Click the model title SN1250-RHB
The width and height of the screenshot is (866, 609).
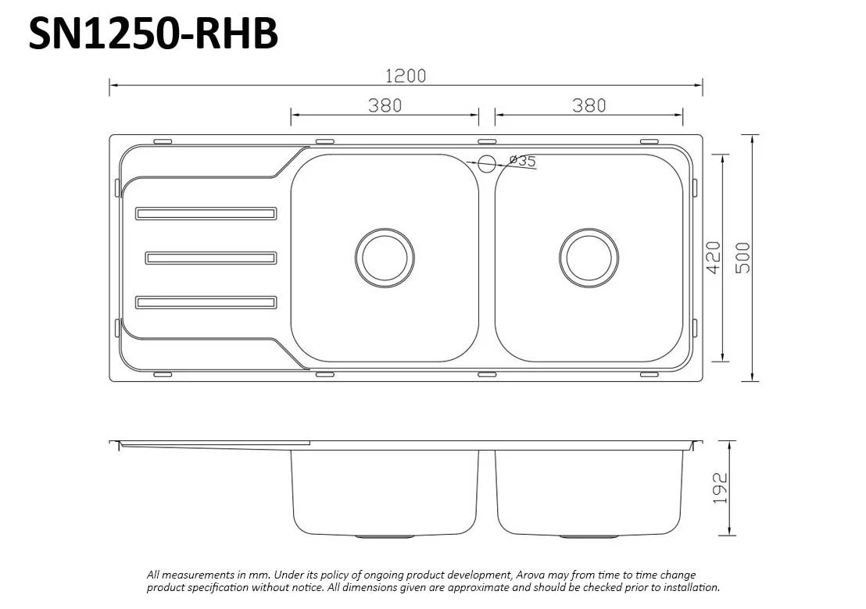(153, 34)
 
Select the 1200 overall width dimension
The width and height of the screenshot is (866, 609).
(406, 75)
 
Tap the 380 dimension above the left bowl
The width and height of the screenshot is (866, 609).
(385, 105)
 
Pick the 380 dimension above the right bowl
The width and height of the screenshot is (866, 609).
(589, 105)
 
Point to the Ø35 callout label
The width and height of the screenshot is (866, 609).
(522, 161)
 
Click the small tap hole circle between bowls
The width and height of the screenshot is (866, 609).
(486, 163)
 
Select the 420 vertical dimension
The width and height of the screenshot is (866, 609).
(712, 257)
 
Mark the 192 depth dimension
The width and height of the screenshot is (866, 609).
(721, 487)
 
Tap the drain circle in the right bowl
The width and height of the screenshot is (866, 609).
(589, 257)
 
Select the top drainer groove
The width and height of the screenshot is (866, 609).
(206, 213)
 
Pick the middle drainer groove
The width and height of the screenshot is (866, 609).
(211, 258)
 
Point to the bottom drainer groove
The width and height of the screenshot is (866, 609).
(206, 302)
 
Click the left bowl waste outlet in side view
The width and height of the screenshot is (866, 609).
(385, 536)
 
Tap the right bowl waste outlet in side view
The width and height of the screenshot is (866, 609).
(589, 536)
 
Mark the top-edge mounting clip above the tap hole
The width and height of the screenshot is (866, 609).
(486, 142)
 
